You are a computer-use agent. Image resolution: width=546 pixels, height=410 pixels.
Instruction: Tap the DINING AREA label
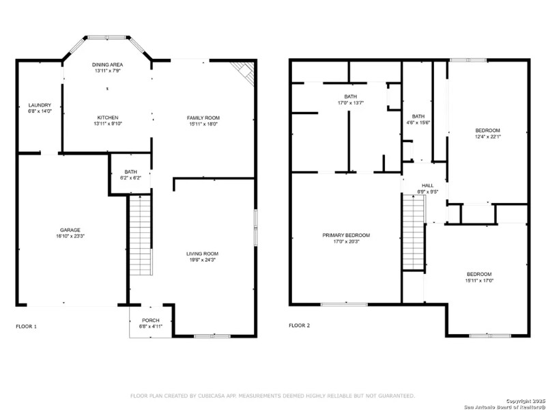pyautogui.click(x=107, y=64)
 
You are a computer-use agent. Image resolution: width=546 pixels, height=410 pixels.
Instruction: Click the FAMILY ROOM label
pyautogui.click(x=203, y=118)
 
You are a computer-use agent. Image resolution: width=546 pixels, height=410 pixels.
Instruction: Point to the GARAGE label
pyautogui.click(x=70, y=230)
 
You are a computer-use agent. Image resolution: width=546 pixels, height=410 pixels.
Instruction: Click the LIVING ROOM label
pyautogui.click(x=203, y=254)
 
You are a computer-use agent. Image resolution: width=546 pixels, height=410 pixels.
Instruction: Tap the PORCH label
pyautogui.click(x=150, y=320)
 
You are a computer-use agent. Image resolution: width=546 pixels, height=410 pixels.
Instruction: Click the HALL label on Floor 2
pyautogui.click(x=427, y=185)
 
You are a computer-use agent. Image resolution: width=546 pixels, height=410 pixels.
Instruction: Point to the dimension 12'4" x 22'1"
pyautogui.click(x=488, y=137)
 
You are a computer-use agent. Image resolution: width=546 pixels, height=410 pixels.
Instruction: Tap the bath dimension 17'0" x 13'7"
pyautogui.click(x=350, y=103)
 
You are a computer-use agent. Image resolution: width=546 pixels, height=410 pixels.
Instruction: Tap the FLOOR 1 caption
pyautogui.click(x=27, y=326)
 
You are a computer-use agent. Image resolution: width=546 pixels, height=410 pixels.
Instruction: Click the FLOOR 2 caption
pyautogui.click(x=299, y=326)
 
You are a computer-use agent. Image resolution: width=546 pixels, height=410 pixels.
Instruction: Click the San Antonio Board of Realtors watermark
pyautogui.click(x=504, y=405)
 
